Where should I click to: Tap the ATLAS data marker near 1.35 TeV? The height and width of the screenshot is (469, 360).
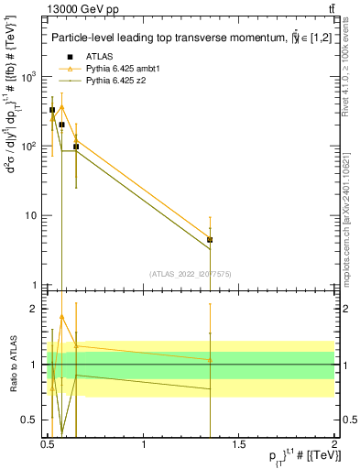click(211, 240)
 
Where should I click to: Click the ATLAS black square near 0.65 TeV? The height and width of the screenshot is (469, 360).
click(76, 147)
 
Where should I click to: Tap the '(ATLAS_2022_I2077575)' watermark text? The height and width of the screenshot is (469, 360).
click(191, 274)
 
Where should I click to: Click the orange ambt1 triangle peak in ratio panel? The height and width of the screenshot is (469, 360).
click(62, 317)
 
